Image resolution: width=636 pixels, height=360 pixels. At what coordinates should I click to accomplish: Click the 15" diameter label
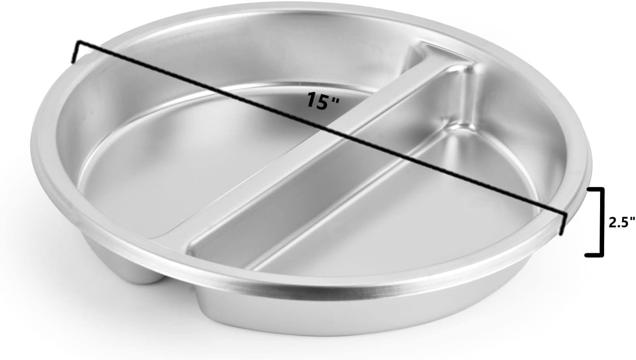322,100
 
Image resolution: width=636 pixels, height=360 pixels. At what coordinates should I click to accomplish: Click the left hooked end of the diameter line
76,51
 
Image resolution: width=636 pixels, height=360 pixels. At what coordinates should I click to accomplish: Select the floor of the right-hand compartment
404,215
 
